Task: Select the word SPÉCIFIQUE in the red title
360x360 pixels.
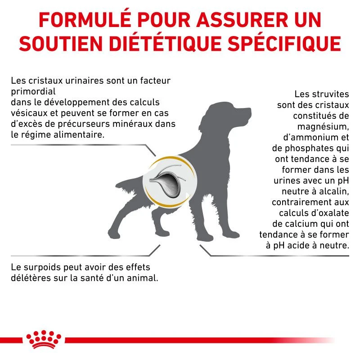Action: pyautogui.click(x=284, y=43)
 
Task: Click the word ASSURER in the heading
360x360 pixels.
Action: pyautogui.click(x=242, y=20)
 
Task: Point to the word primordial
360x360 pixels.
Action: pyautogui.click(x=33, y=92)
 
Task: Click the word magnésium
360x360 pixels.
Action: pyautogui.click(x=323, y=127)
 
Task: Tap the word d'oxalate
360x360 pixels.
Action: pyautogui.click(x=330, y=213)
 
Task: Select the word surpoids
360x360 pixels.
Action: pyautogui.click(x=43, y=267)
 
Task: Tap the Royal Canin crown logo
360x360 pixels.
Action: pyautogui.click(x=44, y=339)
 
